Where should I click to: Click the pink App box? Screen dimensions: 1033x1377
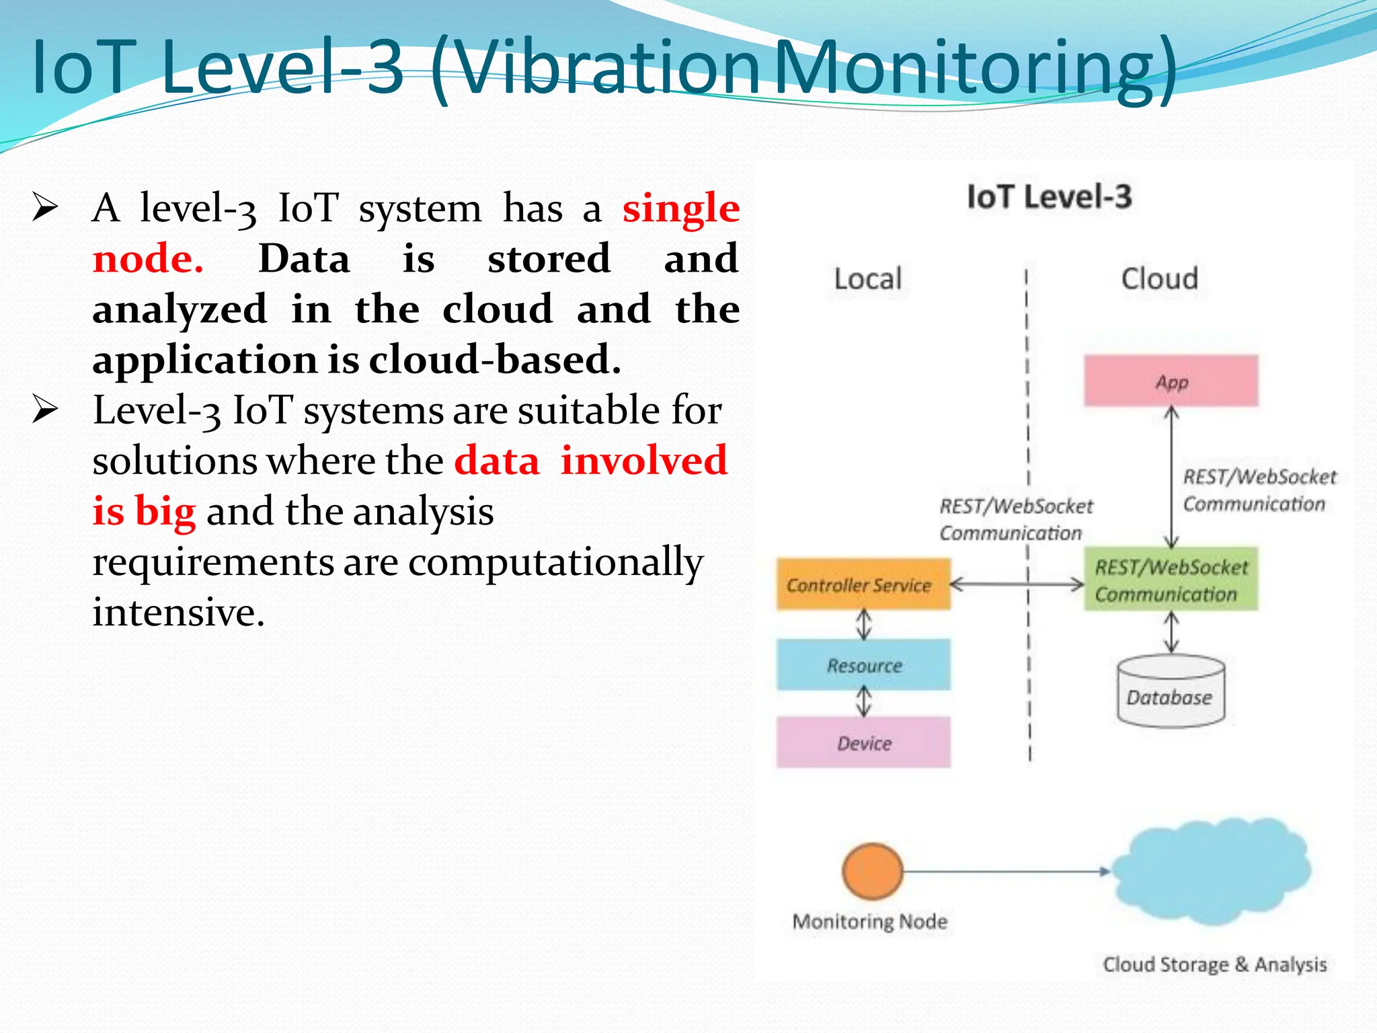click(1171, 381)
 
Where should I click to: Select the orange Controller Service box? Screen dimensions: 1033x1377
click(863, 584)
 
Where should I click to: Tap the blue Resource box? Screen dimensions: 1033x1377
click(863, 665)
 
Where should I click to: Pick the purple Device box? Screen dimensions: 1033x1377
click(863, 742)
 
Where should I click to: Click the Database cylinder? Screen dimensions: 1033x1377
click(1171, 693)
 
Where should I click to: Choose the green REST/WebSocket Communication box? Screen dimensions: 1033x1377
click(1171, 580)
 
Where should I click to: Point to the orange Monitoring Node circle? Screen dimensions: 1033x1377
click(872, 871)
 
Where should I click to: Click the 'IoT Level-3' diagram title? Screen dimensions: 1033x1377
click(1049, 197)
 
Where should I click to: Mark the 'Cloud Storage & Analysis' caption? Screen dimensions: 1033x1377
click(1214, 964)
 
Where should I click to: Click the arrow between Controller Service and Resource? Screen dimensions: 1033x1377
click(864, 624)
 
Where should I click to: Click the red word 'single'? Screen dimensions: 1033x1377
click(680, 208)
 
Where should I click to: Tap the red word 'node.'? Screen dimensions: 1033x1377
click(148, 259)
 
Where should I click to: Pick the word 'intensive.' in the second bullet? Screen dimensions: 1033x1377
click(179, 612)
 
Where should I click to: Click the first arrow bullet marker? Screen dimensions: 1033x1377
click(45, 207)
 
